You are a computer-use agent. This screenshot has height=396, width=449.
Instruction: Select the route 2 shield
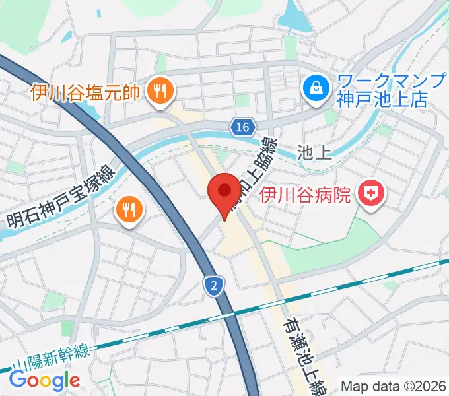[213, 285]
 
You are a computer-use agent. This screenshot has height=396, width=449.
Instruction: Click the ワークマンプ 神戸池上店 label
[382, 90]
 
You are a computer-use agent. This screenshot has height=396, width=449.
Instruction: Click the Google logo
[44, 380]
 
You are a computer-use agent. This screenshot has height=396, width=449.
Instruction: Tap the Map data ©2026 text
[394, 385]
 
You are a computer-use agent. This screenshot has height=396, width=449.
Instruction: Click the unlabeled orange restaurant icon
[127, 210]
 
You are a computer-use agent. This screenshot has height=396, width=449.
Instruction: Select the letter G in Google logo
[18, 379]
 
